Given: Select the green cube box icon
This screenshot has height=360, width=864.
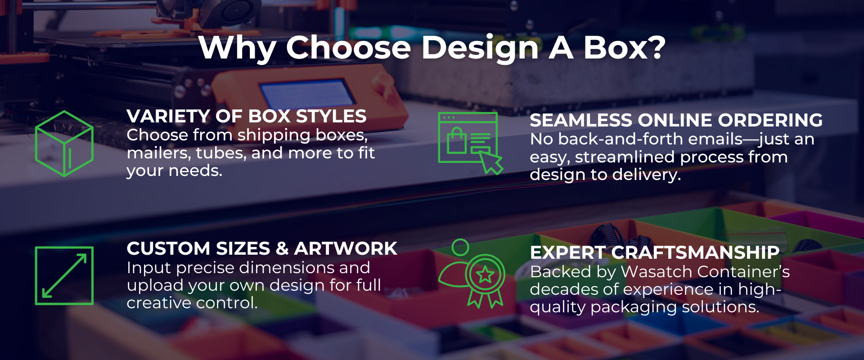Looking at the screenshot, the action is pos(64,144).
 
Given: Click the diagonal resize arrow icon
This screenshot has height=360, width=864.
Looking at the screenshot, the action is pos(64,275).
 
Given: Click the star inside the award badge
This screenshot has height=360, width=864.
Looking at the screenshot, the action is pos(485,274).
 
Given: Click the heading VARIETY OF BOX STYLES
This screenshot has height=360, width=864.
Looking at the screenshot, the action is pos(247,117).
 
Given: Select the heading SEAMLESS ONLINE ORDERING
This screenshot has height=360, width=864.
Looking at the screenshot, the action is pos(676,120).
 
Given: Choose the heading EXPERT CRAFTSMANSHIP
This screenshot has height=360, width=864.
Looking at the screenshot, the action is pos(655,252).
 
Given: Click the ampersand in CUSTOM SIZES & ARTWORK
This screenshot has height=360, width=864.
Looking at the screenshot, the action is pos(283,248).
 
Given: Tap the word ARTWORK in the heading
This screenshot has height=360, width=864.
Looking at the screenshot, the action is pos(346,248).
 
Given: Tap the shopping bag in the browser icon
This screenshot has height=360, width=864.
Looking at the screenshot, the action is pos(457,141).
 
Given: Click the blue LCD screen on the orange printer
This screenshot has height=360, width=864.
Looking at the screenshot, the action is pos(307,92).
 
